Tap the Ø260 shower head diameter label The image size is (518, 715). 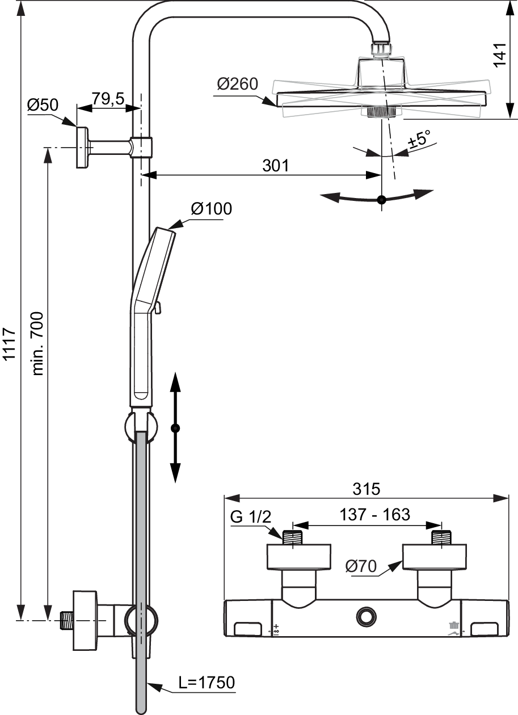tap(237, 84)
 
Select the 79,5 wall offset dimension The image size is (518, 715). tap(108, 99)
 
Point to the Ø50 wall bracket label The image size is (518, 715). tap(43, 105)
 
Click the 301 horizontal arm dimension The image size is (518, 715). tap(275, 165)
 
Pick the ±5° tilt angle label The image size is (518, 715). tap(420, 140)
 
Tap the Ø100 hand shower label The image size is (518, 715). tap(211, 209)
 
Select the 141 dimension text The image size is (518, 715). tap(500, 54)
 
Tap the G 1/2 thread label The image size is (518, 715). tap(251, 525)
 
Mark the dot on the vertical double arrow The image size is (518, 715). tap(175, 428)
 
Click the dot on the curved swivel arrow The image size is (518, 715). tap(382, 200)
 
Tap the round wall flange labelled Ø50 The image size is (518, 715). tap(82, 148)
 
